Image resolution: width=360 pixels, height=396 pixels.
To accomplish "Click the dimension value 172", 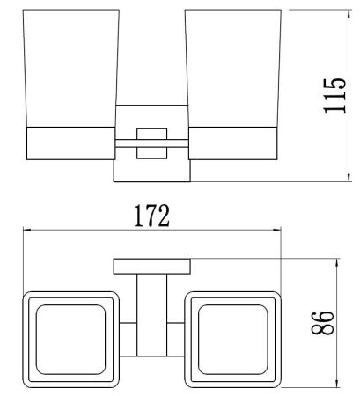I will [151, 217].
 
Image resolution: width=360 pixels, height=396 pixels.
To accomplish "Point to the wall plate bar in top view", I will [151, 265].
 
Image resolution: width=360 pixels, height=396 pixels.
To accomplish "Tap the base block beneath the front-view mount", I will [151, 171].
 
